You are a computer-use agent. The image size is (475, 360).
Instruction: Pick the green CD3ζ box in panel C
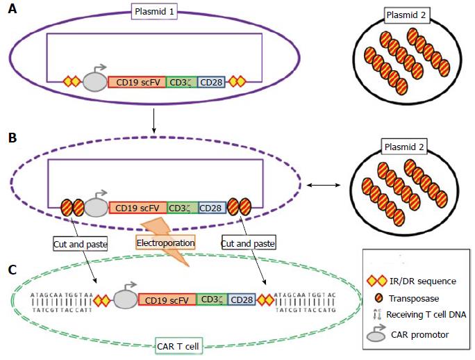pos(211,300)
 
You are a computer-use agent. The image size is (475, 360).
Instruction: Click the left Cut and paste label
pos(77,244)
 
